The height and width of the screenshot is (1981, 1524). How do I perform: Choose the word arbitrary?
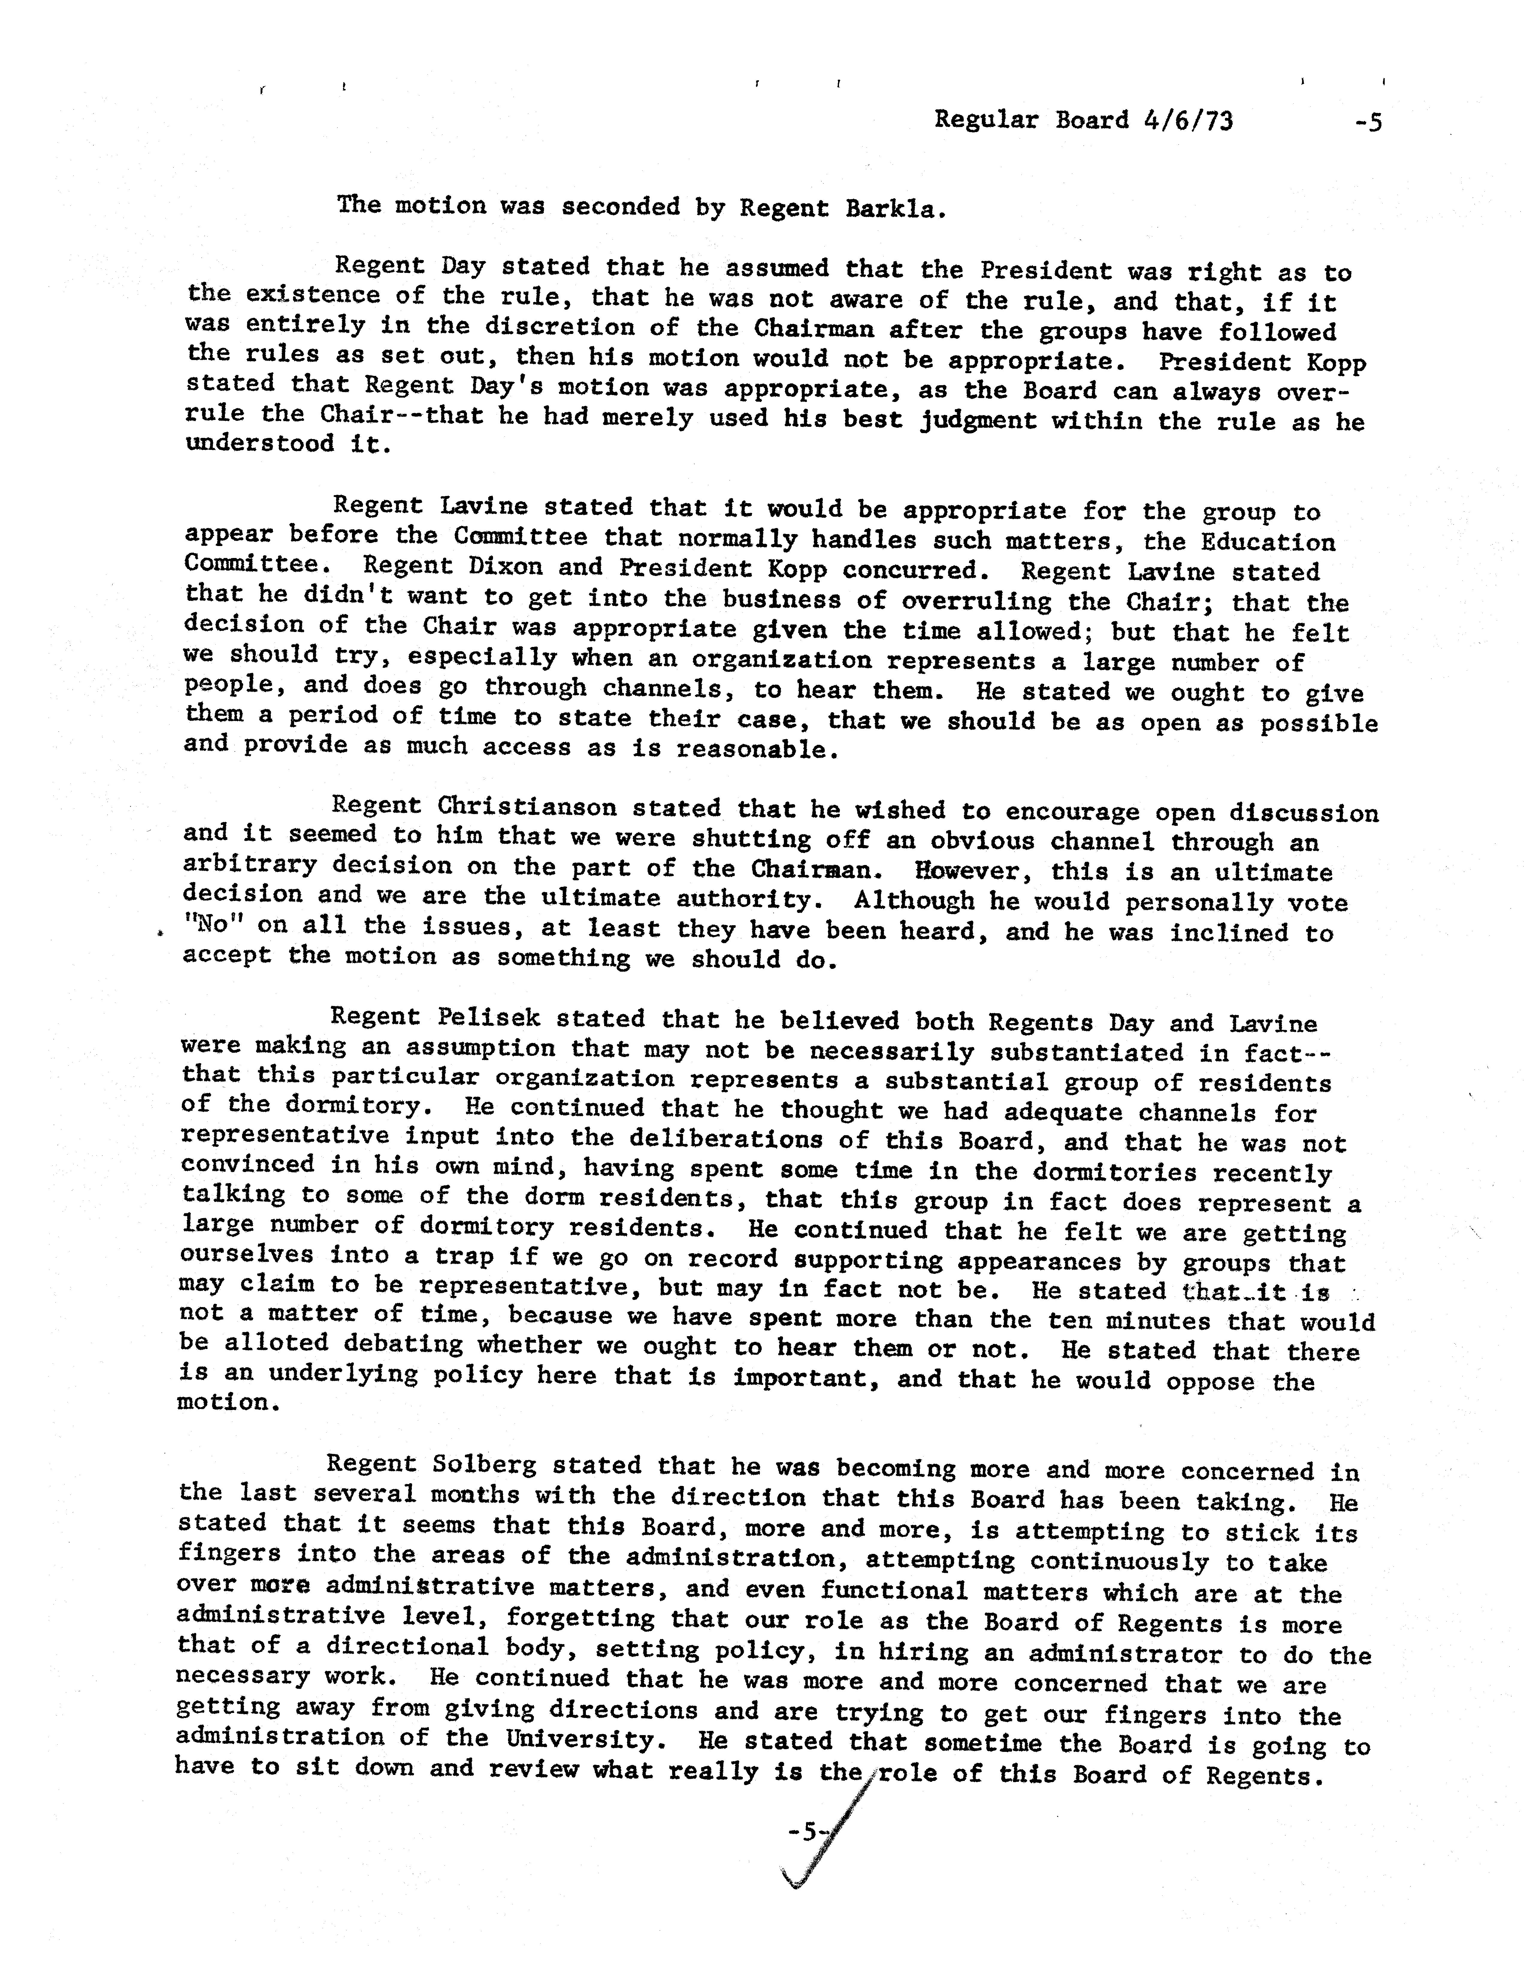(x=250, y=864)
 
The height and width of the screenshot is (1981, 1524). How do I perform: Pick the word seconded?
(x=620, y=207)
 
